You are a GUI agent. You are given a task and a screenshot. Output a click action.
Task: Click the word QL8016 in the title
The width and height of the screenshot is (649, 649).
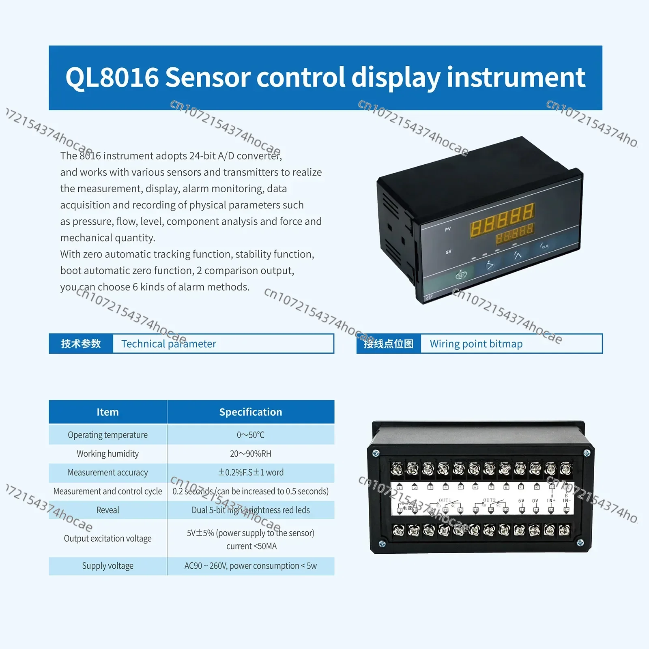click(x=112, y=77)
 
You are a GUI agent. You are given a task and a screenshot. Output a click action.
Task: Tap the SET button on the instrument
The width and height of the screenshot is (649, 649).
click(x=461, y=275)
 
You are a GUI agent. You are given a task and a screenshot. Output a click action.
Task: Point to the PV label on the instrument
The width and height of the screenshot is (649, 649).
click(x=448, y=229)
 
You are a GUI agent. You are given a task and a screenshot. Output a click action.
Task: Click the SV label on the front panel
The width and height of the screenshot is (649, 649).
click(x=448, y=252)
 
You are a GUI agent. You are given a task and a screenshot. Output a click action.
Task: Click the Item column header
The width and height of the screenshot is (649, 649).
click(x=107, y=412)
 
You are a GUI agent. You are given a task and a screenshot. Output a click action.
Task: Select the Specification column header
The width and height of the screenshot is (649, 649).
click(x=250, y=412)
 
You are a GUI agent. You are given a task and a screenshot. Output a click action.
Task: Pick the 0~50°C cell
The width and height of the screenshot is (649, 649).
click(x=250, y=435)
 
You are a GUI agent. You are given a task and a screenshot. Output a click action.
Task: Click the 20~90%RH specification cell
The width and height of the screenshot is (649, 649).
click(x=250, y=453)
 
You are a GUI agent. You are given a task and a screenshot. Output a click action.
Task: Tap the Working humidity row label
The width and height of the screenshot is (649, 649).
click(x=107, y=453)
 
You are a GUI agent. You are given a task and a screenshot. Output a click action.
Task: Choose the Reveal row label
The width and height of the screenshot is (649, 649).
click(x=107, y=510)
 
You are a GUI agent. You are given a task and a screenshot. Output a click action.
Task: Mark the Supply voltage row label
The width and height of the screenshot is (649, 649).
click(x=107, y=566)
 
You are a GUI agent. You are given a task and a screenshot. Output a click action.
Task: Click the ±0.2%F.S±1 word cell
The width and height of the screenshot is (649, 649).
click(x=250, y=473)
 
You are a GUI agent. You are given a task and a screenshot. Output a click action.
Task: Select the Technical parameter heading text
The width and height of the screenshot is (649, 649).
click(x=168, y=344)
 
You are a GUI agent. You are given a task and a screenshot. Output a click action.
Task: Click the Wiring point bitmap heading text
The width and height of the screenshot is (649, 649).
click(x=476, y=344)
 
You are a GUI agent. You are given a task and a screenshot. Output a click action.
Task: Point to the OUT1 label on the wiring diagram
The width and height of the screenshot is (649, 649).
click(x=445, y=500)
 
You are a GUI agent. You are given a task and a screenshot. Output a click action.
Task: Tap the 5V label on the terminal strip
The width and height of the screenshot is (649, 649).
click(x=521, y=501)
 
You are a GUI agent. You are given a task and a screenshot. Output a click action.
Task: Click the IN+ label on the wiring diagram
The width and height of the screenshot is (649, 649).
click(x=551, y=501)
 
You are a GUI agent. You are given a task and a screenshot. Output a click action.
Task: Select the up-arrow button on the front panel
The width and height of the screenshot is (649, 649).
click(x=518, y=256)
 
